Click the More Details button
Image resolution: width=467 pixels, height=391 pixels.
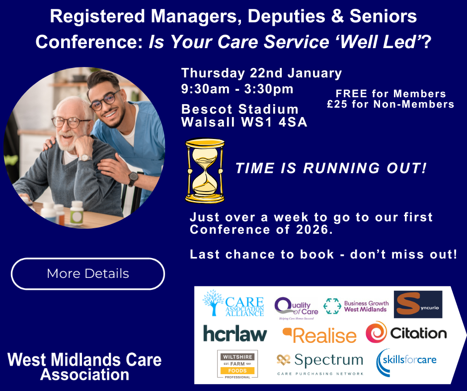pos(88,273)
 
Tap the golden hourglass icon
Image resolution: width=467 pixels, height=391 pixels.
pos(205,170)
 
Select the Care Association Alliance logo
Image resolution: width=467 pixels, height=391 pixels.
pos(233,303)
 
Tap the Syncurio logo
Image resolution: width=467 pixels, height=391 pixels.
pos(418,304)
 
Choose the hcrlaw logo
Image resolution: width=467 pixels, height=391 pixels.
pos(235,333)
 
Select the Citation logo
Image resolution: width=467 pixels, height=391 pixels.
pos(406,332)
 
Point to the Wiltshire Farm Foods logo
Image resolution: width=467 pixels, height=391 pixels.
pos(237,364)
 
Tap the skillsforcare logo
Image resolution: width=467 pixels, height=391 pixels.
pos(406,360)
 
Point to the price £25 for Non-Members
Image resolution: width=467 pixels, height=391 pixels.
pos(390,104)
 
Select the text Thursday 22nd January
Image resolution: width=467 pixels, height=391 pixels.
pos(261,73)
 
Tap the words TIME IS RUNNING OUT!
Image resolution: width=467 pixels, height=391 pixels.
pos(331,168)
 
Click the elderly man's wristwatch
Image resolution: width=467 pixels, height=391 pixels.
pos(85,158)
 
